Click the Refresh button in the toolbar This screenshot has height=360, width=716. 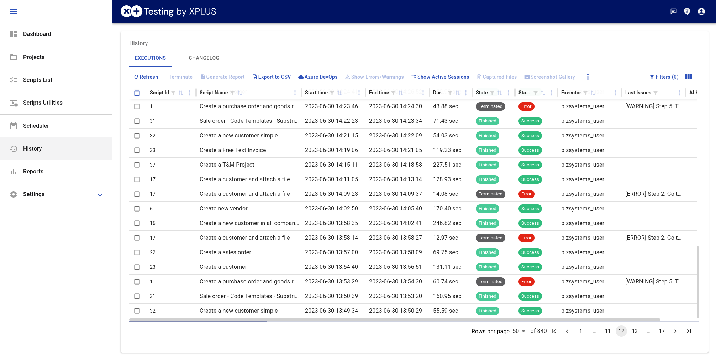point(146,77)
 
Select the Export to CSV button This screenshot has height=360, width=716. point(272,77)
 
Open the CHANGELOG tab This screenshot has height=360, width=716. point(204,58)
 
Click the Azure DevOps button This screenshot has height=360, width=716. point(318,77)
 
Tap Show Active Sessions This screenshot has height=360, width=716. point(440,77)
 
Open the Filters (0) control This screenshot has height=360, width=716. point(664,77)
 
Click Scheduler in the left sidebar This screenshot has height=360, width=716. point(36,126)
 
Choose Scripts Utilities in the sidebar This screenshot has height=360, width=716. point(43,103)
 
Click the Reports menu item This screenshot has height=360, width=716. point(33,171)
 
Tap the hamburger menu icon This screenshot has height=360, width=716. point(14,11)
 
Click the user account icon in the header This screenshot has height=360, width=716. point(701,11)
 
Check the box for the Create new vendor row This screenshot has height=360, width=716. point(137,209)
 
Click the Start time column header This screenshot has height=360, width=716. point(316,93)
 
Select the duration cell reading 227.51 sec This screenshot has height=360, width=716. point(447,165)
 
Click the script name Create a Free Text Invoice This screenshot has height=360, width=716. point(233,150)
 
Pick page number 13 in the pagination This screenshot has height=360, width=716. point(635,331)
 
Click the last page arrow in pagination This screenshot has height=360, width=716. point(689,331)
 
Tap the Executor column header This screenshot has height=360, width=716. point(571,93)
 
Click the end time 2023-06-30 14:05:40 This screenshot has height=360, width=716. point(395,208)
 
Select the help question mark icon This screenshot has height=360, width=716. point(687,11)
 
